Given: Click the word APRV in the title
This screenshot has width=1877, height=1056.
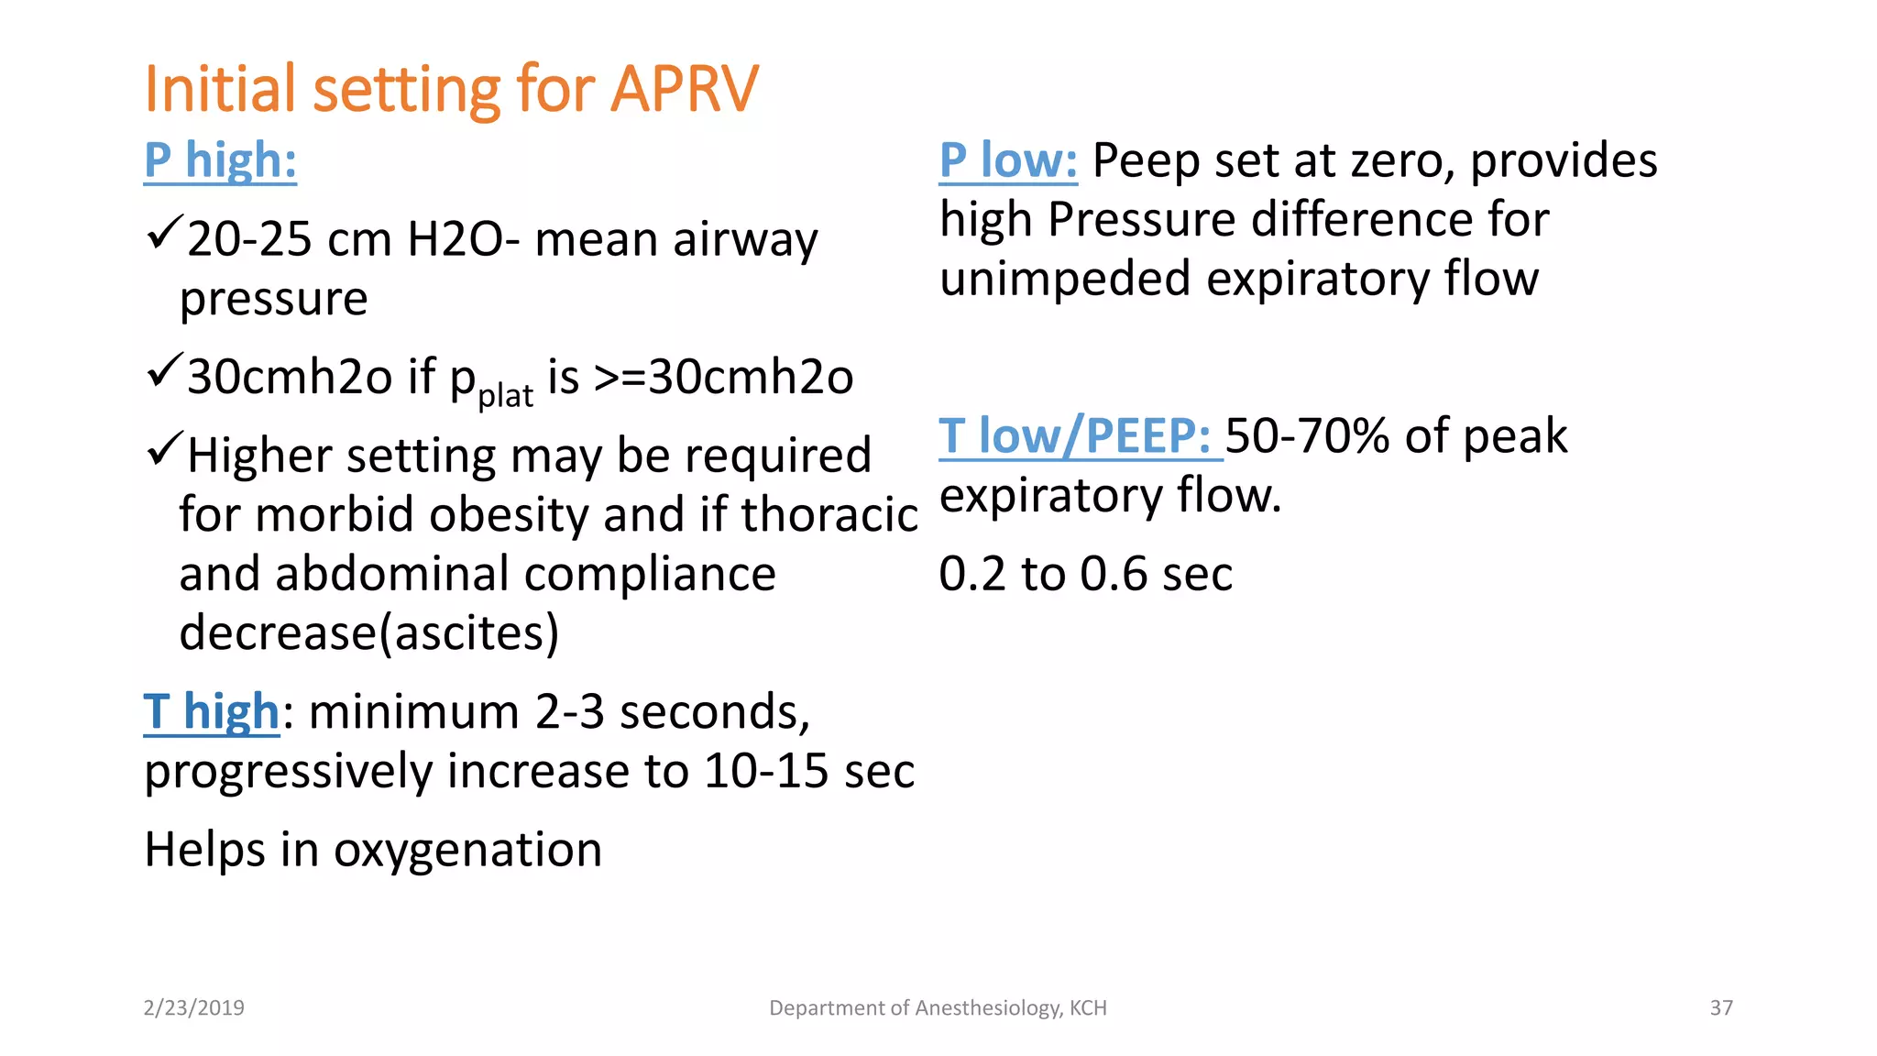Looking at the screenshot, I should [x=684, y=90].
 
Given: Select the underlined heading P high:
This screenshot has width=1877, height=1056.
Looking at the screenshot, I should [x=220, y=160].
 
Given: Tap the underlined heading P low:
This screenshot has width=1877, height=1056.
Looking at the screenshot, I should [x=1008, y=160].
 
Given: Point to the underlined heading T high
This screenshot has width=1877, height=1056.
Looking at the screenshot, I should [x=212, y=712].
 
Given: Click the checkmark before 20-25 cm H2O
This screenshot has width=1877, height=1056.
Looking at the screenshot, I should [x=164, y=234].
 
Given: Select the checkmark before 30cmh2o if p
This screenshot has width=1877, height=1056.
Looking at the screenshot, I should [x=164, y=370].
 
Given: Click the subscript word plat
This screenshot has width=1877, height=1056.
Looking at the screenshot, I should [x=505, y=396].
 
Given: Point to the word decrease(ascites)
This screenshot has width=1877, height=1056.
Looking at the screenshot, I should [x=368, y=632].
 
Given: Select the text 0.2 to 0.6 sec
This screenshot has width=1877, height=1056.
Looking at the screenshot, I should [x=1085, y=575].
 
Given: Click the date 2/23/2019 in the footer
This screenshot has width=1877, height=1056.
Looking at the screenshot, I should [x=194, y=1008].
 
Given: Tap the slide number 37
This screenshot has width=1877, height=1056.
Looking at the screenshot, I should [x=1721, y=1008].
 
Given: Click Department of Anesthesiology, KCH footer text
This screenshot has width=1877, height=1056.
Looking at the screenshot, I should [x=938, y=1008].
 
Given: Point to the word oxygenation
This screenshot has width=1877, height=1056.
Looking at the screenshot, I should [x=467, y=850].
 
